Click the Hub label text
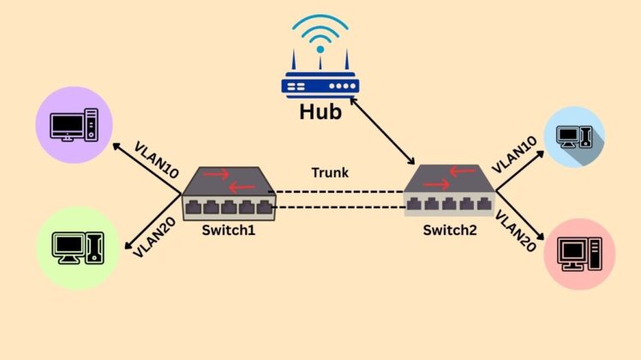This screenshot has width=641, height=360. coord(320,111)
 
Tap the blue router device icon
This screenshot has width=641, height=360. coord(320,84)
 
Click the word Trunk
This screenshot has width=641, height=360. coord(329,173)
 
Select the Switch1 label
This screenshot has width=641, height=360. coord(228,230)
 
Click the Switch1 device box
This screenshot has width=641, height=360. coord(228,194)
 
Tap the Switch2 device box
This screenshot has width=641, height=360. coord(449,191)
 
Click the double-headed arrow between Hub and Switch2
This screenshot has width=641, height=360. coord(380,131)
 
